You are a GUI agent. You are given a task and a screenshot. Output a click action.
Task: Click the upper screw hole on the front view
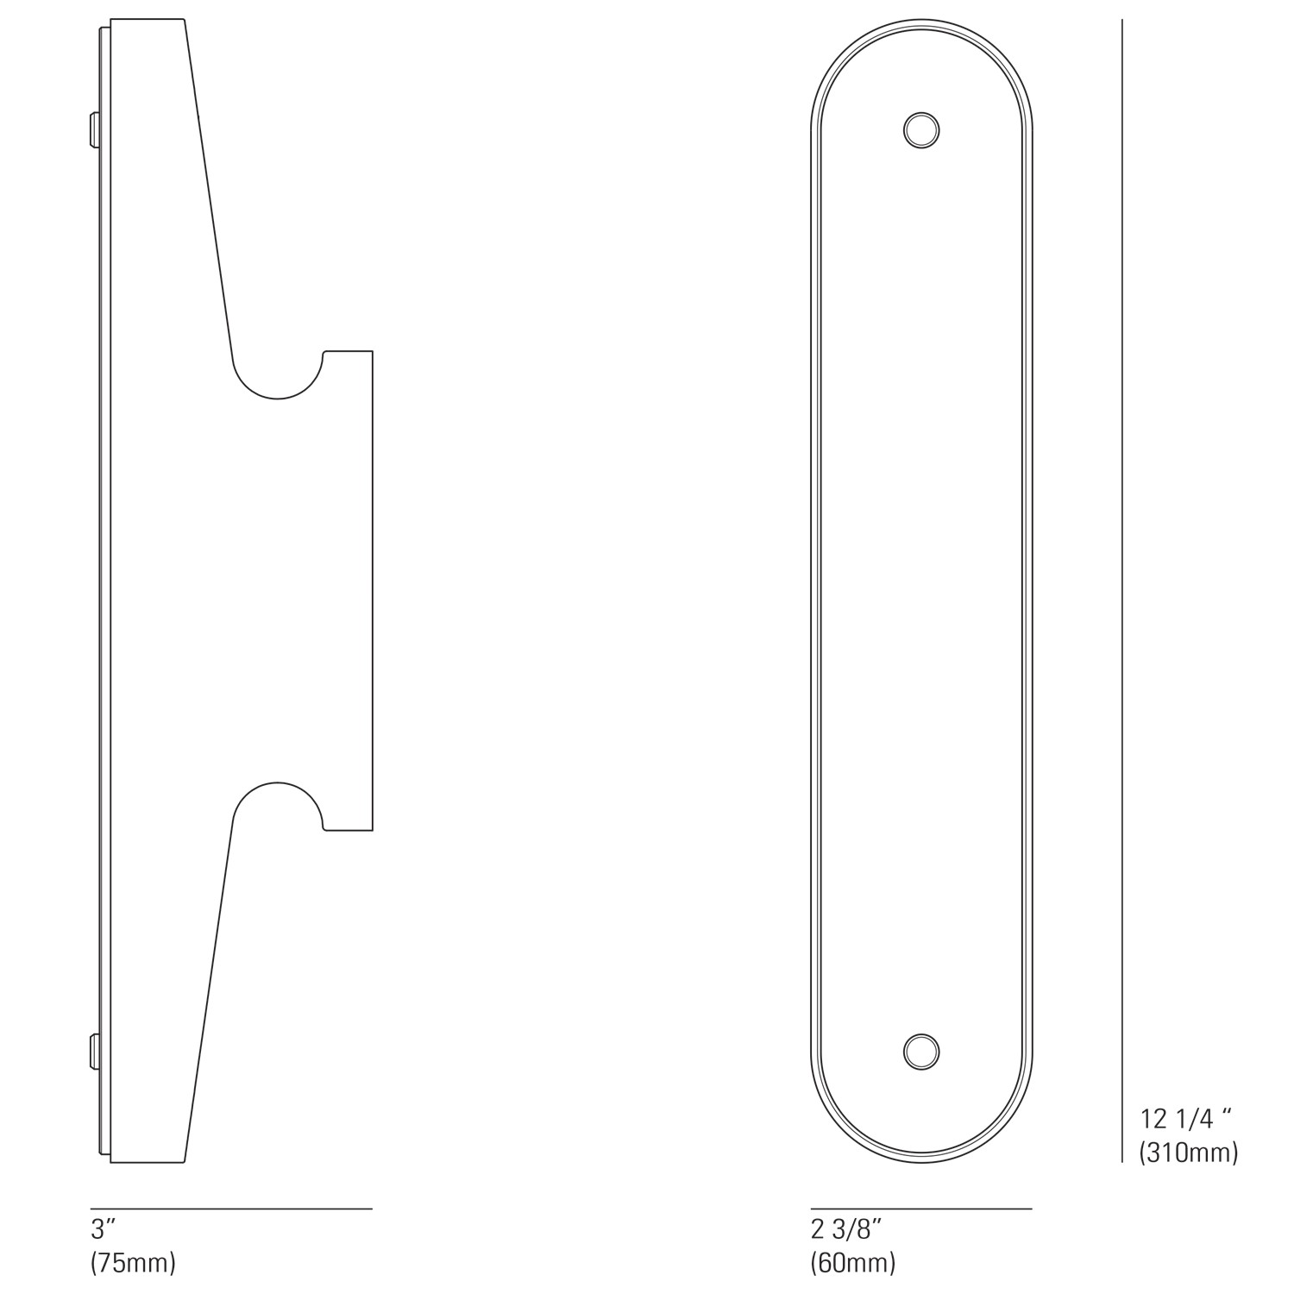click(921, 131)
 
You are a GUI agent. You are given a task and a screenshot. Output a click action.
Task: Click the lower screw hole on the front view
click(921, 1052)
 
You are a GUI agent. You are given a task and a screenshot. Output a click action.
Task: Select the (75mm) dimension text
click(133, 1263)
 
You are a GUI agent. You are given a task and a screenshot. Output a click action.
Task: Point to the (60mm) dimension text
click(853, 1263)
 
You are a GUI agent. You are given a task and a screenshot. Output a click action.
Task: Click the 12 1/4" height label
click(1185, 1119)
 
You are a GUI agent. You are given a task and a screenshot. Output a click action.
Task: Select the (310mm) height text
click(1189, 1152)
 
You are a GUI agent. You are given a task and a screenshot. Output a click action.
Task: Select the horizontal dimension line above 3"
click(231, 1209)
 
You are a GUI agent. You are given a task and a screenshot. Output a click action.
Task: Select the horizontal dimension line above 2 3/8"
click(921, 1209)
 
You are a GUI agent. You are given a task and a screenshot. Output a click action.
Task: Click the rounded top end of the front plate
click(921, 35)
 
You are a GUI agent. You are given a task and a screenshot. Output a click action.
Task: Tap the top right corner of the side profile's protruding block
click(372, 351)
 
